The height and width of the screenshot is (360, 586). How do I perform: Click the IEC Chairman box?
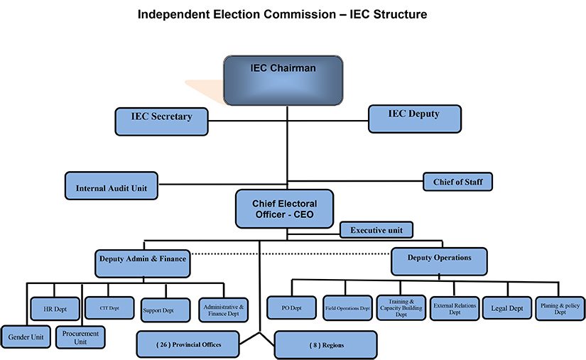[283, 81]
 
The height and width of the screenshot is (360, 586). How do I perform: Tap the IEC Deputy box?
[414, 119]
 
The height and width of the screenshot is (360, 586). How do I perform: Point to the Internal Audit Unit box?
[111, 188]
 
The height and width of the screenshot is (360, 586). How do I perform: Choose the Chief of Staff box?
[457, 182]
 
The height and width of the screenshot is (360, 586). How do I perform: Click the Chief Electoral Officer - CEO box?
[284, 208]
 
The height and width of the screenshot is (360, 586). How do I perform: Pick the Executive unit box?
[376, 230]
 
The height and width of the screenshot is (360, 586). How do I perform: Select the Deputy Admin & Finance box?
[141, 262]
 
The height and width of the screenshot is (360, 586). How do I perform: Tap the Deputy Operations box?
[439, 261]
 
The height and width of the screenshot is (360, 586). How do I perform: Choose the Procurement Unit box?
[80, 337]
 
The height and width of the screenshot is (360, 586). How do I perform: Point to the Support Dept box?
[166, 310]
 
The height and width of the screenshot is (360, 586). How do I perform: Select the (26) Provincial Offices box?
[188, 344]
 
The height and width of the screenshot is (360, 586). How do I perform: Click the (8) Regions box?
[325, 345]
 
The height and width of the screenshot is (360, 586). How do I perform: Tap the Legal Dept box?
[507, 309]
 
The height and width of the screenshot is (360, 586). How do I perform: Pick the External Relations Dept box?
[455, 309]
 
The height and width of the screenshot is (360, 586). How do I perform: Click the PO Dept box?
[290, 309]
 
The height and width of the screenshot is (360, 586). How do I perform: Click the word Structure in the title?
[394, 13]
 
